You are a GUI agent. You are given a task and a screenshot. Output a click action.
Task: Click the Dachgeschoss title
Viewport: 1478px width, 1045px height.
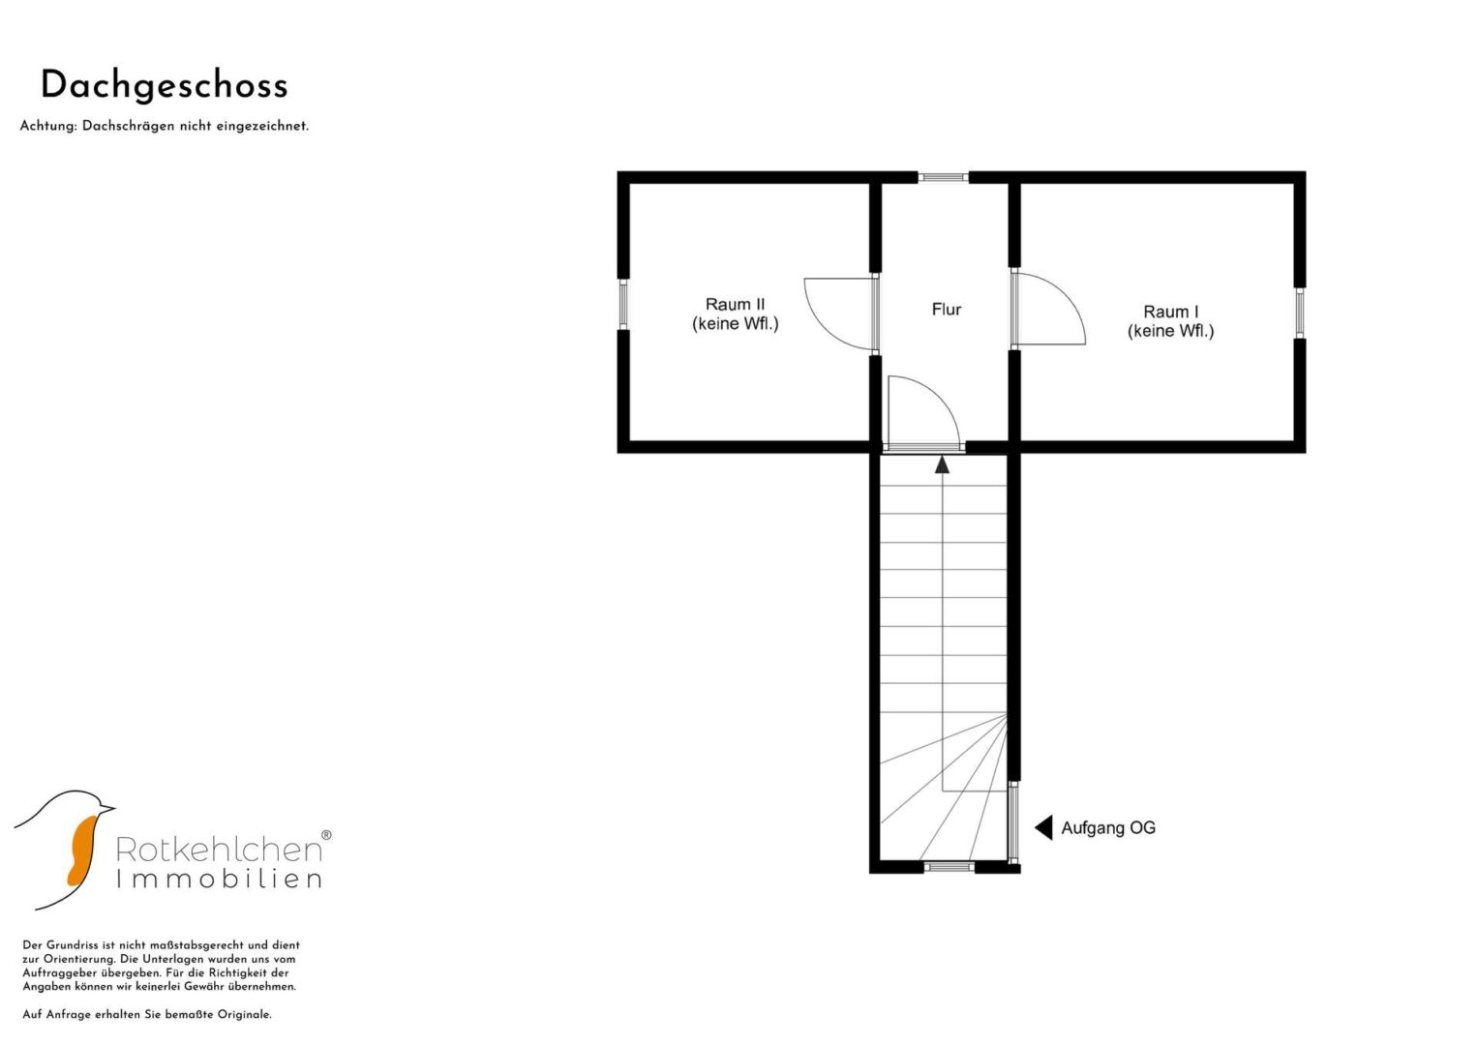pyautogui.click(x=165, y=87)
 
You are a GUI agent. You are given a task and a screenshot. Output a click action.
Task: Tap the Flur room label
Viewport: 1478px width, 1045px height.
pyautogui.click(x=947, y=310)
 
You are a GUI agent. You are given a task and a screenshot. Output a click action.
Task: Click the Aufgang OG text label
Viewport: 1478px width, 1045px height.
pyautogui.click(x=1108, y=828)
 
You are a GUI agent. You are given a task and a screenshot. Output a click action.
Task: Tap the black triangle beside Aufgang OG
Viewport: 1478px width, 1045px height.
pyautogui.click(x=1043, y=828)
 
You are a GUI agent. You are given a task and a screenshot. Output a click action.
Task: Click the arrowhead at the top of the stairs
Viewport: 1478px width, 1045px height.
pyautogui.click(x=942, y=464)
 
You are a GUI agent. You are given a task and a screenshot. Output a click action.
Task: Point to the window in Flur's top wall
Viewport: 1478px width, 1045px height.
pyautogui.click(x=943, y=177)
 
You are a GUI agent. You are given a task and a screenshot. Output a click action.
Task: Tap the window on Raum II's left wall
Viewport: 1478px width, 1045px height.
pyautogui.click(x=623, y=304)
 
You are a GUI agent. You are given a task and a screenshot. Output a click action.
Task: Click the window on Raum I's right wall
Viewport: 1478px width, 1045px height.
pyautogui.click(x=1300, y=313)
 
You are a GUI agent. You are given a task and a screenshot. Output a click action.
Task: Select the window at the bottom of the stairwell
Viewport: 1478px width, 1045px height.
pyautogui.click(x=949, y=867)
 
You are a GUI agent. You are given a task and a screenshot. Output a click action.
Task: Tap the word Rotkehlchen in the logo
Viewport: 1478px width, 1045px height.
pyautogui.click(x=219, y=850)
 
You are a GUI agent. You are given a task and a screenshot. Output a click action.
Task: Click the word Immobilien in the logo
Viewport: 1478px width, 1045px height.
pyautogui.click(x=219, y=880)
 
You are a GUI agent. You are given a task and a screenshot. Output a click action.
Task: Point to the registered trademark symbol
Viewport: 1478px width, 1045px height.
pyautogui.click(x=326, y=834)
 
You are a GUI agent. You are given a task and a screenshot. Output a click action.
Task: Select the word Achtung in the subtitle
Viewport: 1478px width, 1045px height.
pyautogui.click(x=48, y=126)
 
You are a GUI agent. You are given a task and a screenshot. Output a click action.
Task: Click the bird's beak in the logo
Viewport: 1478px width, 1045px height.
pyautogui.click(x=107, y=807)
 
